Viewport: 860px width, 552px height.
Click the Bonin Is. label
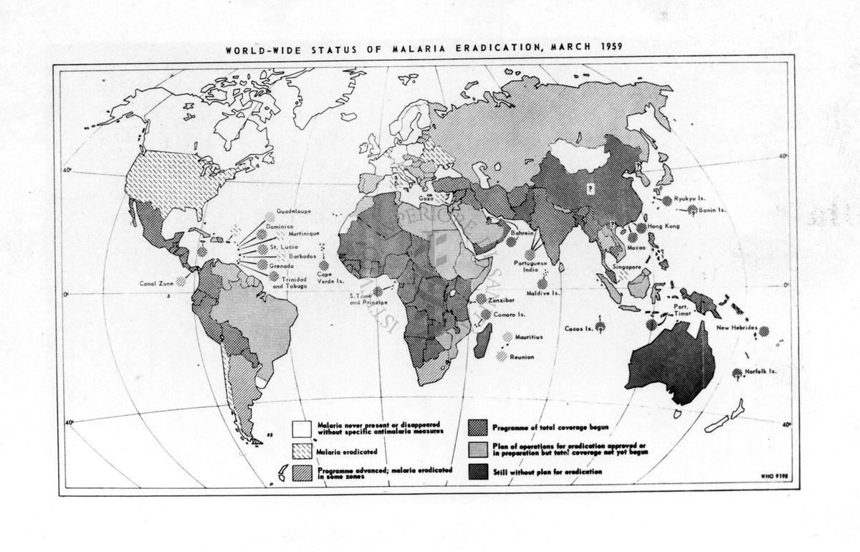click(714, 211)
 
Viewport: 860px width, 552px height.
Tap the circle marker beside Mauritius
click(507, 336)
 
